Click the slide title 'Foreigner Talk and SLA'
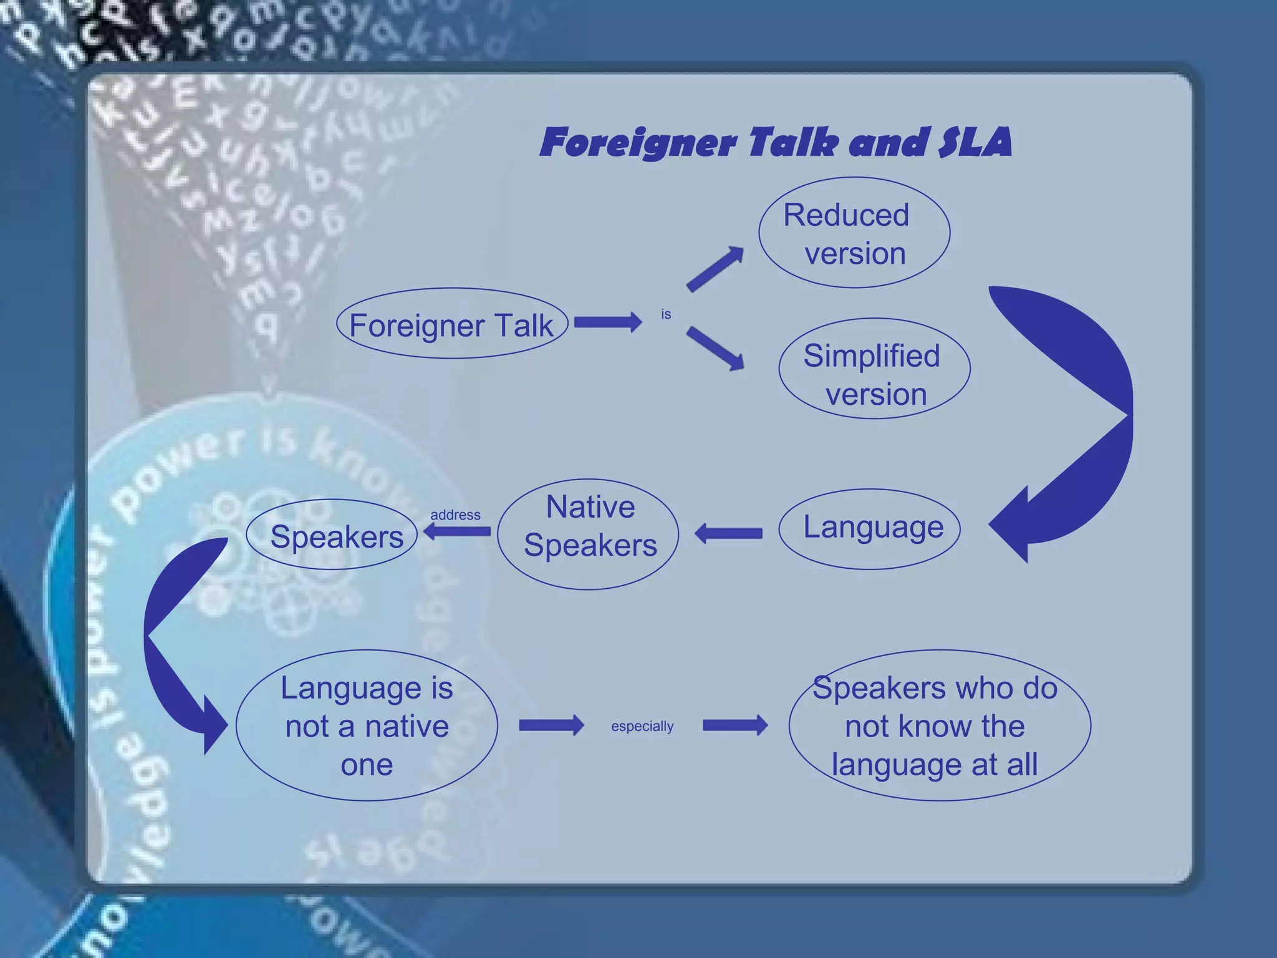coord(775,142)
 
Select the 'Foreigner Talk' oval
coord(451,324)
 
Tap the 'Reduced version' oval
coord(854,233)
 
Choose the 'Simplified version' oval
coord(874,369)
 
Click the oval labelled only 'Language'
coord(870,529)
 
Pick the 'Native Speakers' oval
coord(588,534)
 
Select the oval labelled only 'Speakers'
coord(332,535)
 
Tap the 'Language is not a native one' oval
coord(367,725)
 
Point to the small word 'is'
coord(666,314)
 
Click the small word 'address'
coord(455,515)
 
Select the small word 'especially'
coord(642,727)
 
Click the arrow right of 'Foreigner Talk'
coord(607,322)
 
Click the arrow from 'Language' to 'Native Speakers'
coord(728,533)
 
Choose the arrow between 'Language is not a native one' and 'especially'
coord(551,725)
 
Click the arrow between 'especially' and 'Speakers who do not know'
coord(735,725)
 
